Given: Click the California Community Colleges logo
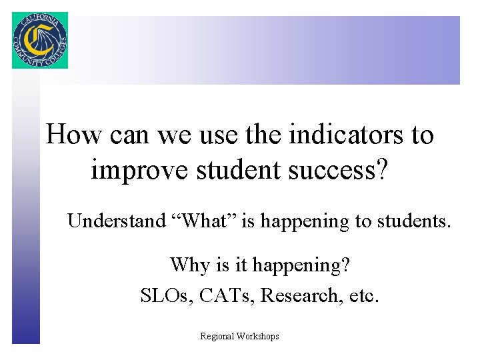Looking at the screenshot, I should click(x=39, y=40).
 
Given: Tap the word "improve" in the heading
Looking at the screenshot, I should click(x=139, y=171).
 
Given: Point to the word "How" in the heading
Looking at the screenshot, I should click(x=73, y=135).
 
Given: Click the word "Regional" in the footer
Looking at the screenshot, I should click(x=217, y=336).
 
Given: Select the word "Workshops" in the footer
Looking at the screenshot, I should click(x=259, y=336).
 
